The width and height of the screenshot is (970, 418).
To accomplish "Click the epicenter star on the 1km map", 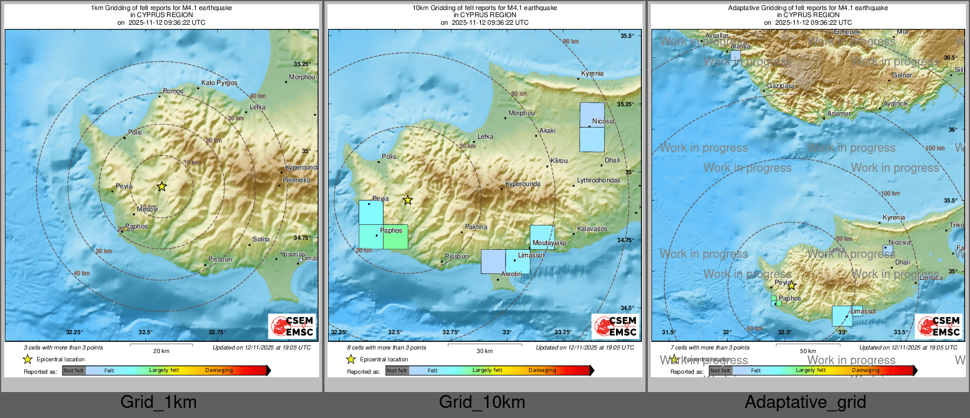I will click(x=162, y=187).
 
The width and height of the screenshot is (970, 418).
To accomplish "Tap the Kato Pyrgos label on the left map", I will click(x=219, y=83).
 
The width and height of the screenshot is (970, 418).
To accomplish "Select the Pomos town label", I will click(x=173, y=92).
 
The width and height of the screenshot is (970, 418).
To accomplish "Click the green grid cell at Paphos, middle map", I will click(x=395, y=237).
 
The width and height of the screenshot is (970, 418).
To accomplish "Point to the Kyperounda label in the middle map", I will click(x=522, y=184).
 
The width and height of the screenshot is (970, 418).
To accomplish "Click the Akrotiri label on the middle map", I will click(x=511, y=275).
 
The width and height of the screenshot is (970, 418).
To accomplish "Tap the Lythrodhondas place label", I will click(x=598, y=181).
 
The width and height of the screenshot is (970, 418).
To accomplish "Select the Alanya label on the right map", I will click(x=740, y=47).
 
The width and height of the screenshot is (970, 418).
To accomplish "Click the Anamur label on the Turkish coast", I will click(x=838, y=114).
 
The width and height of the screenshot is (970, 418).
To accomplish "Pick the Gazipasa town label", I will click(x=781, y=86).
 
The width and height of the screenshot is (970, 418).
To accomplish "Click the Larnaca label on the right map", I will click(x=930, y=278).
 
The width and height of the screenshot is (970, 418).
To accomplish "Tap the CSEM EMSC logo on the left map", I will click(x=293, y=326).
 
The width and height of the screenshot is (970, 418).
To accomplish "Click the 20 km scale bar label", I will click(x=161, y=351).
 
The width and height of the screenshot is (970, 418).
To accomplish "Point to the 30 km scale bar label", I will click(x=484, y=351).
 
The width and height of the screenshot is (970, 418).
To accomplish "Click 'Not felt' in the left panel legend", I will click(x=74, y=371).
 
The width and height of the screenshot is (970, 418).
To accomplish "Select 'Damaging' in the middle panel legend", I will click(x=542, y=371).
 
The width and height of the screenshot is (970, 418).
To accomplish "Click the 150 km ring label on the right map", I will click(x=935, y=148).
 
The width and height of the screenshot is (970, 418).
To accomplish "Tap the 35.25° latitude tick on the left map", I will click(x=302, y=64).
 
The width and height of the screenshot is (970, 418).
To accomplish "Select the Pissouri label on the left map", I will click(x=220, y=260).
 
